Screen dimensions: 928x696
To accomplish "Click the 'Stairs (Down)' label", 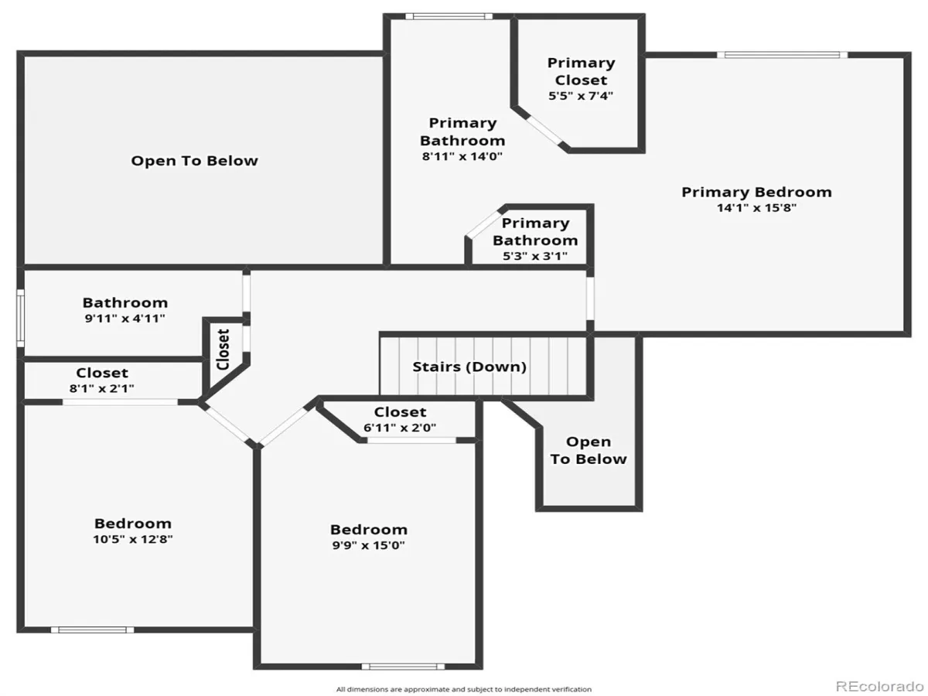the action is tap(469, 367).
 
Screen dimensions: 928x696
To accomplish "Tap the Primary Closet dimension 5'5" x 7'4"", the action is tap(581, 96).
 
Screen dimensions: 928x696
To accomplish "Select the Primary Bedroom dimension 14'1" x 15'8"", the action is tap(756, 208).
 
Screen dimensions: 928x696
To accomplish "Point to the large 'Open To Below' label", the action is tap(194, 161).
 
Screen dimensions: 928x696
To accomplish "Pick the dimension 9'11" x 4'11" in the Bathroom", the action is tap(125, 319).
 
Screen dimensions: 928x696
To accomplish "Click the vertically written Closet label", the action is tap(223, 349).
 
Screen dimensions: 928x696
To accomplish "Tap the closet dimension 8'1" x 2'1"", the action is tap(102, 388).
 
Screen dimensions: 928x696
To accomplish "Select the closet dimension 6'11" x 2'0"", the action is tap(400, 428).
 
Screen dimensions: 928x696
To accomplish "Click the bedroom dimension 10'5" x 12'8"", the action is tap(133, 539).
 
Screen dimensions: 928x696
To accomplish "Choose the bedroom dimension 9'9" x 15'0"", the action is tap(368, 545).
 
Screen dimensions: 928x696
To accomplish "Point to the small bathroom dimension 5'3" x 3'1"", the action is tap(535, 256).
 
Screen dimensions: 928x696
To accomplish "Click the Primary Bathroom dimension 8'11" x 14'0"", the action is tap(462, 156).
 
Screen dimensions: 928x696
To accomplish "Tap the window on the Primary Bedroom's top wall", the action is tap(782, 55).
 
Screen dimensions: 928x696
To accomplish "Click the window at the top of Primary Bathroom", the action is tap(449, 16).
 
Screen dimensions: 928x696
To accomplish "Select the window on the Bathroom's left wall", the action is tap(20, 318).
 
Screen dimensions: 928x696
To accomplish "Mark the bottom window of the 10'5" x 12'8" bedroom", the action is tap(93, 630).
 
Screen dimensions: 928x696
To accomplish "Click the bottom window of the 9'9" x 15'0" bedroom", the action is tap(403, 667).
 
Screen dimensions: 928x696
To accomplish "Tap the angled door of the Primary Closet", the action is tap(544, 130).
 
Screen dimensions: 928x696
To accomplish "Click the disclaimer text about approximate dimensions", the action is tap(464, 690).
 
